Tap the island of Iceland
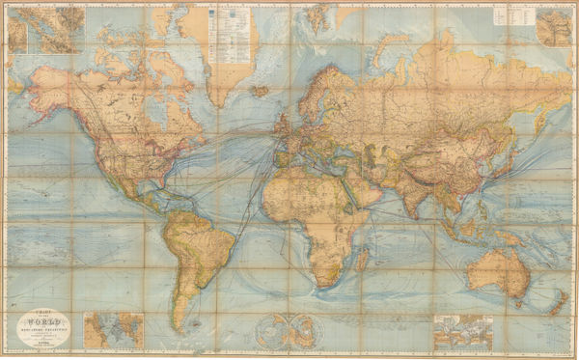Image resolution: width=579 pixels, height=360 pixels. (x=259, y=90)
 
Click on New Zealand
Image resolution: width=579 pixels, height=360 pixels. (x=557, y=303)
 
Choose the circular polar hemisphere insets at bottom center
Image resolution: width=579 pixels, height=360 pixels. (x=285, y=330)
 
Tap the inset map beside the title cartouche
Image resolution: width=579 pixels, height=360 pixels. (x=113, y=329)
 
